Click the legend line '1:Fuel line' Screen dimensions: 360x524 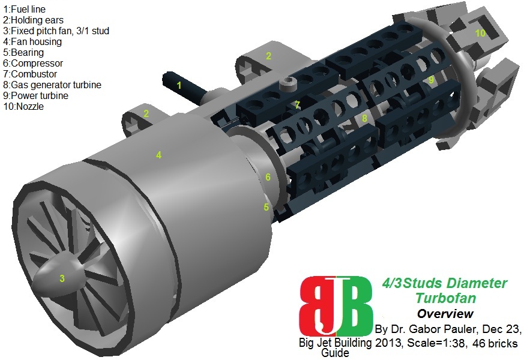(x=24, y=10)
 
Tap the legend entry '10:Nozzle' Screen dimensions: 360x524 (x=24, y=106)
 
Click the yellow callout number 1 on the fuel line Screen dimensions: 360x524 (x=178, y=86)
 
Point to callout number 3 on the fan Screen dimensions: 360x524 (x=62, y=278)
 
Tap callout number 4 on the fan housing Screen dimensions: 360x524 (x=158, y=155)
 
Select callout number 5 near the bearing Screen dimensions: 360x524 (x=266, y=207)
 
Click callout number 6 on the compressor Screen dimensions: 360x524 (x=268, y=178)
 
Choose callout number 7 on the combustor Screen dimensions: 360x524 (x=297, y=105)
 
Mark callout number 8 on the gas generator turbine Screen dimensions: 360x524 (x=364, y=119)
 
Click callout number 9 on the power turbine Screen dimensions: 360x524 (x=431, y=79)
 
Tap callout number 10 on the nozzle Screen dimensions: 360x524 (x=480, y=33)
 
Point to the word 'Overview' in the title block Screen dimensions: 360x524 (x=445, y=314)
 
